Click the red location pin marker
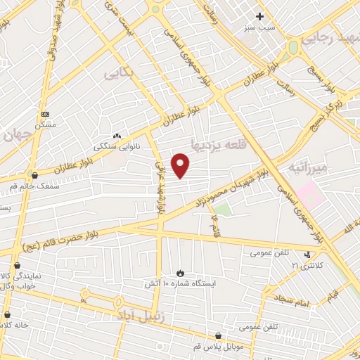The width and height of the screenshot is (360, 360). (x=181, y=166)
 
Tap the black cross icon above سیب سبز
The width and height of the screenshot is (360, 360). (x=259, y=16)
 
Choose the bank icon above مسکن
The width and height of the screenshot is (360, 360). (x=46, y=113)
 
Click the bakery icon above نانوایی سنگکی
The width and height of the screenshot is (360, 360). (x=117, y=136)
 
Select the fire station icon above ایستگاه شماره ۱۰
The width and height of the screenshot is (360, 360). (x=180, y=273)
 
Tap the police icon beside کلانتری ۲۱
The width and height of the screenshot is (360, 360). (x=307, y=255)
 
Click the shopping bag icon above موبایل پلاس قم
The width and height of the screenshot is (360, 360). (x=219, y=337)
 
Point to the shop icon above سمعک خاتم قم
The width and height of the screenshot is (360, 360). (x=33, y=175)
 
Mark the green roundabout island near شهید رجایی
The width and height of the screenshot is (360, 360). (x=292, y=48)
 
